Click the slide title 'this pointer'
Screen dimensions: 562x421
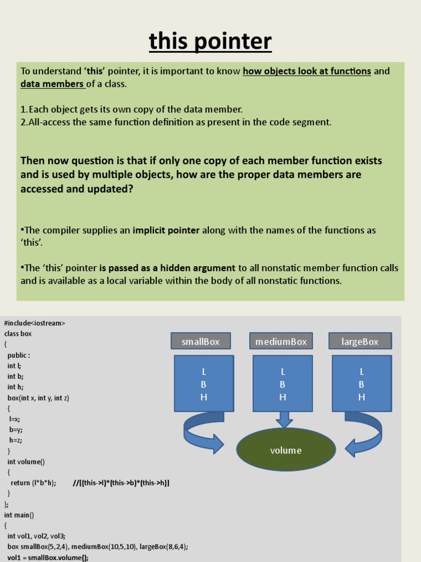pos(210,42)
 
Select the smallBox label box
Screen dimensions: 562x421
pos(201,341)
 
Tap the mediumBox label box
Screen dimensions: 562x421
pos(281,341)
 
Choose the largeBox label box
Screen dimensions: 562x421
pos(360,341)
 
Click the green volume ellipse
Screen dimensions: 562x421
pos(286,450)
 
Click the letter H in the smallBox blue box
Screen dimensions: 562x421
pos(204,397)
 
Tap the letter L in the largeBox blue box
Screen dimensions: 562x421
pos(361,372)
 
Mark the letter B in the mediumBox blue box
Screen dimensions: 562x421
pos(282,385)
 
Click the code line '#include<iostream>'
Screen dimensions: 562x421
pos(35,323)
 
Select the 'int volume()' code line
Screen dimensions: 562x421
pos(26,462)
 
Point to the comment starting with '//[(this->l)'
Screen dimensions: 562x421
pos(121,483)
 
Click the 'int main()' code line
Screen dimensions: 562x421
pos(19,515)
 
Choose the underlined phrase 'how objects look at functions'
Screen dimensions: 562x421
pos(307,71)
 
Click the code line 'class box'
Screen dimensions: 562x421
pos(18,334)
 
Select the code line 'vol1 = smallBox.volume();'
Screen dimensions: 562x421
pos(48,557)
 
